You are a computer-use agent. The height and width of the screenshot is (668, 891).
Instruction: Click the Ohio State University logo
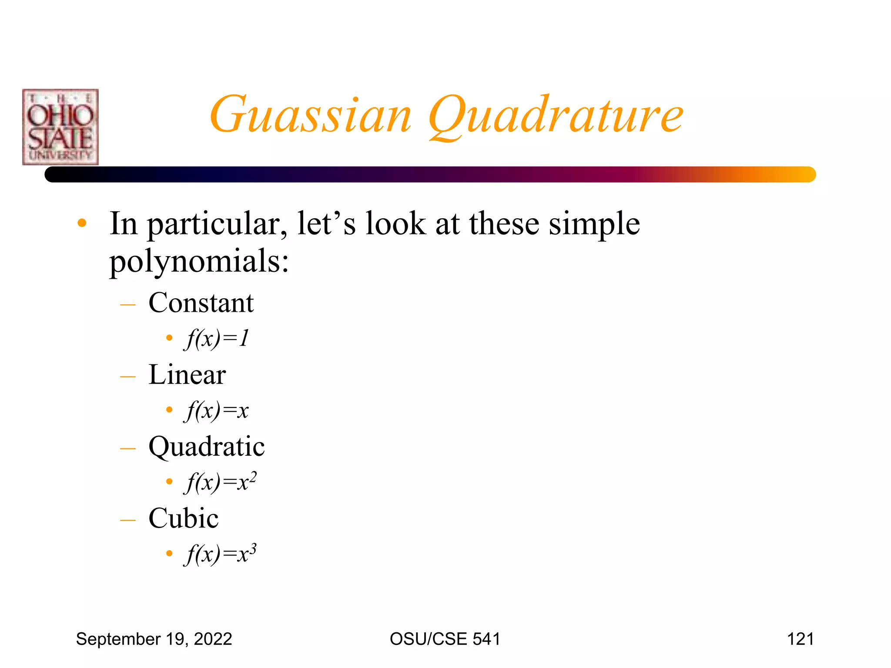60,127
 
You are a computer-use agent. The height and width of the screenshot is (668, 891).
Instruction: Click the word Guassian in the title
311,115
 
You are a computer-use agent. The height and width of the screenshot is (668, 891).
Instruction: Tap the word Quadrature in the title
556,116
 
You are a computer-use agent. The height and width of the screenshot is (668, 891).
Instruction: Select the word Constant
201,303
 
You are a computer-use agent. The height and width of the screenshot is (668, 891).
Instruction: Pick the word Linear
187,374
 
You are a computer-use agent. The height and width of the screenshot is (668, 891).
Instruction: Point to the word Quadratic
207,447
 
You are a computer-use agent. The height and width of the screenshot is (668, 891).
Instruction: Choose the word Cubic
184,518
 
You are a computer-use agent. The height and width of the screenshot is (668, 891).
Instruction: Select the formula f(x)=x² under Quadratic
221,482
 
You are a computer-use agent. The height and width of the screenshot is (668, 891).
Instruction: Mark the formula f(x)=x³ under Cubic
221,554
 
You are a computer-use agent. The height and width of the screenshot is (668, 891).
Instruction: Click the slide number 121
800,639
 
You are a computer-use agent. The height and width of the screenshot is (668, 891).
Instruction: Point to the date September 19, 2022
154,639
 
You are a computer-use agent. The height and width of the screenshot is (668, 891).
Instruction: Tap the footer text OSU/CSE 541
445,639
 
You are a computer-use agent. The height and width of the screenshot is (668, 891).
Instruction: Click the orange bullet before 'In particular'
82,224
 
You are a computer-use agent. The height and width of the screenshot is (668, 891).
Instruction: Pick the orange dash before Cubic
128,520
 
